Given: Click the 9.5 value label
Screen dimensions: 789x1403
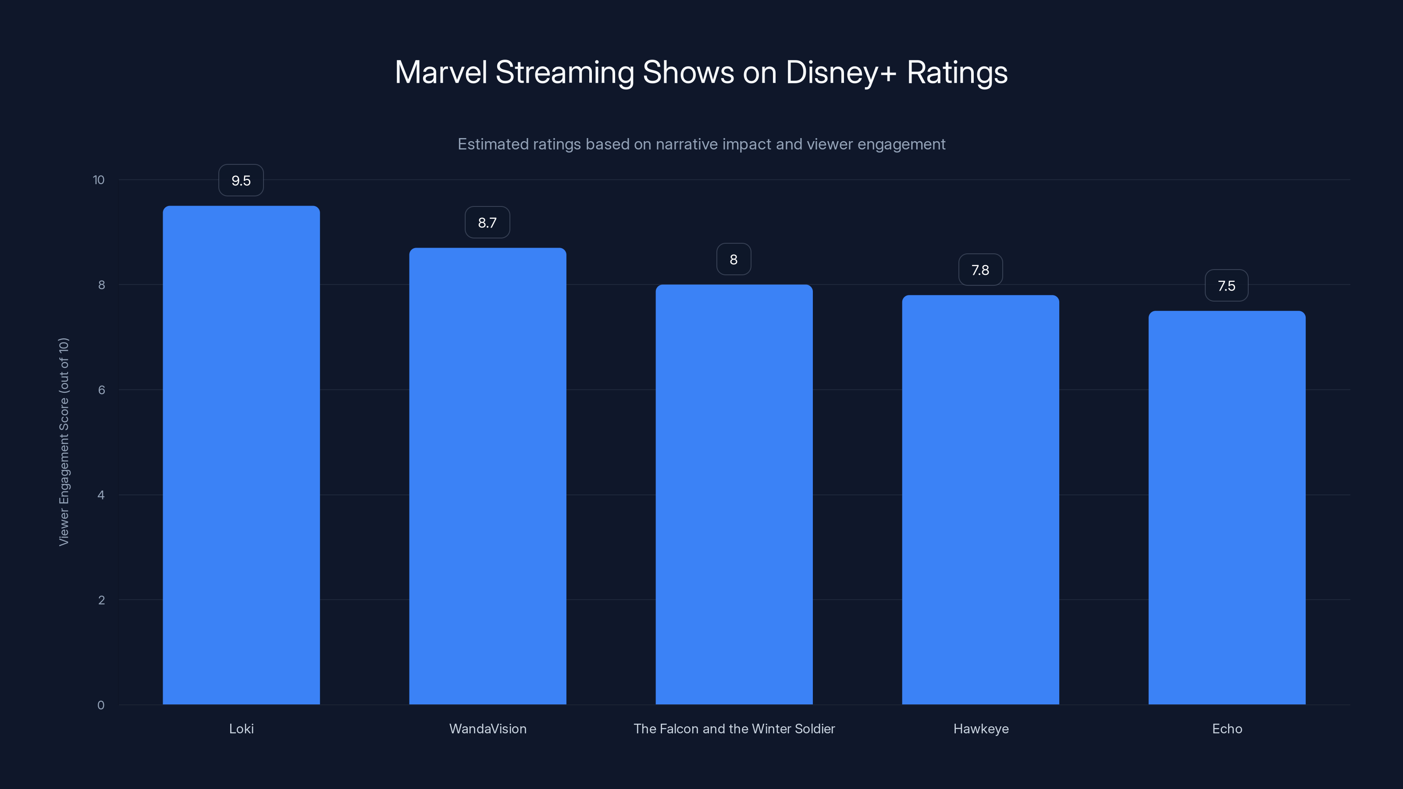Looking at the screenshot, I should [x=241, y=181].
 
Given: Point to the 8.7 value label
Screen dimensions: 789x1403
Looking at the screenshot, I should [x=487, y=223].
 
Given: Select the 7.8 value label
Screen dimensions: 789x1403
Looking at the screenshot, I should [x=980, y=270].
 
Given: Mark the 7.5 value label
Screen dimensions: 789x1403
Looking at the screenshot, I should [x=1226, y=286].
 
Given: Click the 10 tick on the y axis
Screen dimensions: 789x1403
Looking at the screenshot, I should [x=99, y=180].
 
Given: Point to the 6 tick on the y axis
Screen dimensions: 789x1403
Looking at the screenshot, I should [x=101, y=390].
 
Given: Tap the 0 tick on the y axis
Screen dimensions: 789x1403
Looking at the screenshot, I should [x=101, y=705].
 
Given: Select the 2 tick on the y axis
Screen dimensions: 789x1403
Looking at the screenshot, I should [x=101, y=600].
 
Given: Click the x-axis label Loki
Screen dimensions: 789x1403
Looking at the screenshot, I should [x=241, y=729].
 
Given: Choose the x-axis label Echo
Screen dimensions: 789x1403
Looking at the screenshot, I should [x=1227, y=729].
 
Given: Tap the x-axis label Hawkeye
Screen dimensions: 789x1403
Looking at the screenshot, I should [x=980, y=729].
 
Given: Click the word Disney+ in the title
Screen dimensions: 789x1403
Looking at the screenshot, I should [x=840, y=72].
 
